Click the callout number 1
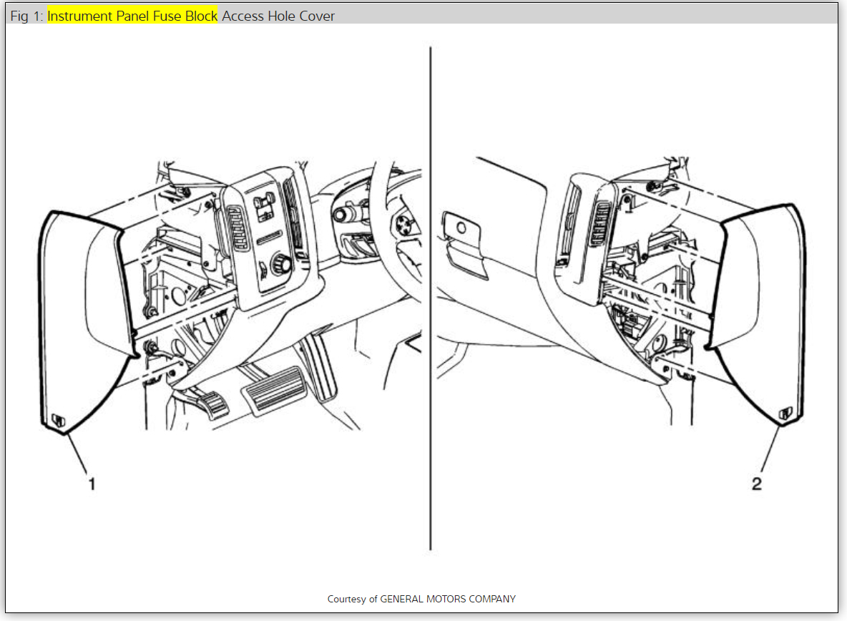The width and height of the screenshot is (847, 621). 92,484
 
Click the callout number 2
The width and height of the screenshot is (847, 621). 757,484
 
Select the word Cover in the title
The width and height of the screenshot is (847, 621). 317,16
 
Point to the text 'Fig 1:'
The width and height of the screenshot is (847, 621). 26,16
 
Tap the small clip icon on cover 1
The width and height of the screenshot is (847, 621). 58,421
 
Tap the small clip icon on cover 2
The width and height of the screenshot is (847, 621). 785,413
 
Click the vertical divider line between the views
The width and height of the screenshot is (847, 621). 430,300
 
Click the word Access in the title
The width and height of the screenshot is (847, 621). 243,16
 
